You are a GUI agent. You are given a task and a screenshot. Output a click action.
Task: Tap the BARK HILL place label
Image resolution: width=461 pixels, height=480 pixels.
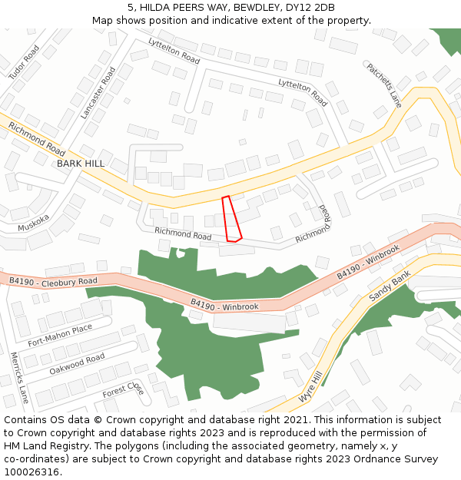pyautogui.click(x=81, y=164)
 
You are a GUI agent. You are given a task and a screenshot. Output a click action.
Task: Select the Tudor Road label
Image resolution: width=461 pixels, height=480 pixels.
pyautogui.click(x=24, y=62)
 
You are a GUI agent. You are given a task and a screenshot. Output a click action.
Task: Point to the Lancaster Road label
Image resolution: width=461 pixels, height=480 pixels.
pyautogui.click(x=98, y=92)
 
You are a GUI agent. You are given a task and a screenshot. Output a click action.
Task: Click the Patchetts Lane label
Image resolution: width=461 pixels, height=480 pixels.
pyautogui.click(x=383, y=84)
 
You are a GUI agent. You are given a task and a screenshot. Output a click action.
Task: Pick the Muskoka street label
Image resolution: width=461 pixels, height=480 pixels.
pyautogui.click(x=34, y=223)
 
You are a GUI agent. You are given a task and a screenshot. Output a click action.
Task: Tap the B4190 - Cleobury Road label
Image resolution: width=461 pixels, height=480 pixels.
pyautogui.click(x=53, y=282)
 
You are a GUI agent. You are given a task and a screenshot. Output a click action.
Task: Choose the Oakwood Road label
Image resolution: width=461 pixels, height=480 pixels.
pyautogui.click(x=77, y=362)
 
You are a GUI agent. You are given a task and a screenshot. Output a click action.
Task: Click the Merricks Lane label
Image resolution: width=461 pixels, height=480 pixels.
pyautogui.click(x=19, y=377)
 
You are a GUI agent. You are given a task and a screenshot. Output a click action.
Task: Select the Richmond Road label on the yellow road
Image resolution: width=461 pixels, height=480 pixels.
pyautogui.click(x=37, y=137)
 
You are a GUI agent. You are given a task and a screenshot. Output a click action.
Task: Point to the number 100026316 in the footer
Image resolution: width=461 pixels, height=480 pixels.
pyautogui.click(x=32, y=472)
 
